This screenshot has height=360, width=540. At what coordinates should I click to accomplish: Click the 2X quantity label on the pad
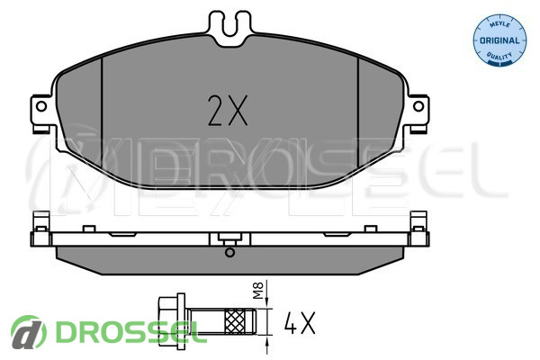pyautogui.click(x=228, y=110)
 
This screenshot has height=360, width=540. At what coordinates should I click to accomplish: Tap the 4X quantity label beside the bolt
pyautogui.click(x=300, y=323)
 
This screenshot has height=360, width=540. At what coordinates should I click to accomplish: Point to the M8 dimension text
pyautogui.click(x=258, y=290)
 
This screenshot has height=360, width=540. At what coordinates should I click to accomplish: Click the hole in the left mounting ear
pyautogui.click(x=41, y=106)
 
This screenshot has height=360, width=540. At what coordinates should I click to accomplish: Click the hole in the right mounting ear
pyautogui.click(x=418, y=106)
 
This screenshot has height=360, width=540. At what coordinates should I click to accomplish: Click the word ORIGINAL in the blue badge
pyautogui.click(x=499, y=40)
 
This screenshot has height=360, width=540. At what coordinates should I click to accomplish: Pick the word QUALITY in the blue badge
pyautogui.click(x=499, y=56)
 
